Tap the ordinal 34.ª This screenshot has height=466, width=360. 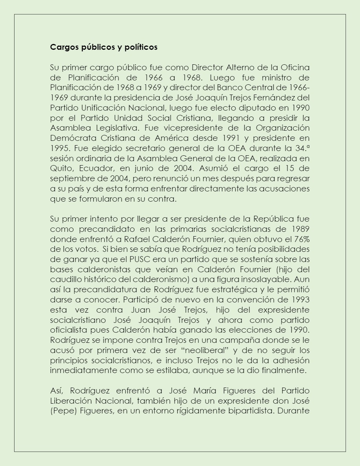300,148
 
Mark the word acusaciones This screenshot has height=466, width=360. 285,189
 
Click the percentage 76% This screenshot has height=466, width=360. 300,239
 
